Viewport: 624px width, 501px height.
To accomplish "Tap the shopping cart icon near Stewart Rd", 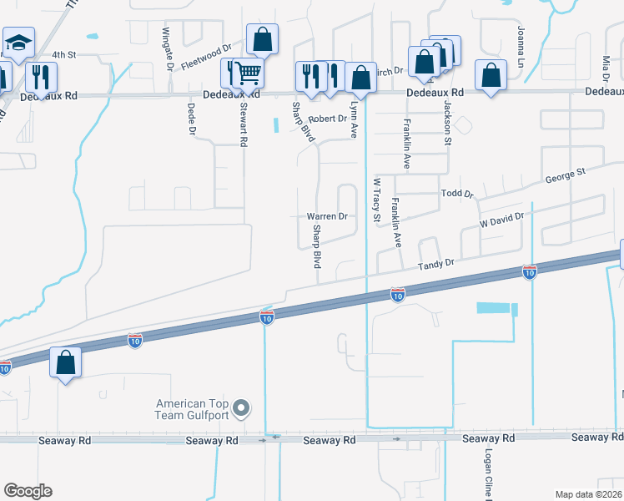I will tap(248, 74).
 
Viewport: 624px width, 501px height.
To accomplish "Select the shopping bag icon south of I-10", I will tap(66, 363).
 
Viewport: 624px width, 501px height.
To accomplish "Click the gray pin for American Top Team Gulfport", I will tap(242, 408).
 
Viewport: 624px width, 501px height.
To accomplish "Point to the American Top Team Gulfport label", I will tap(194, 408).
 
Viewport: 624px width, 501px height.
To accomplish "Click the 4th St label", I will tap(64, 54).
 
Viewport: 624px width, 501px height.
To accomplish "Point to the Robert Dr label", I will tap(327, 119).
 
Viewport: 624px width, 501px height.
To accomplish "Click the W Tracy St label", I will tap(376, 200).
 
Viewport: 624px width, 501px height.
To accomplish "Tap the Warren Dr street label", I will tap(327, 216).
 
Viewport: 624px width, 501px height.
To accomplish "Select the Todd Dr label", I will tap(456, 193).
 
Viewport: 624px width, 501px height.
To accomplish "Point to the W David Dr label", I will tap(501, 221).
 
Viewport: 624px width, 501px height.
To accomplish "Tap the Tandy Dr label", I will tap(437, 263).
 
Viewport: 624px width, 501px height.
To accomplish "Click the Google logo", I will tap(28, 491).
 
